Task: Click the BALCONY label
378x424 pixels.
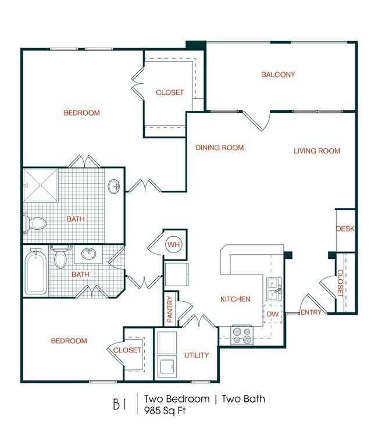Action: pos(278,74)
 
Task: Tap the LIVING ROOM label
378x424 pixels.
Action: pos(316,151)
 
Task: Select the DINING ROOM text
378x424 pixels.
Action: pos(219,148)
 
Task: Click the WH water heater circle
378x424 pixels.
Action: pos(173,244)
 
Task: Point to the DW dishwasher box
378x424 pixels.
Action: pos(273,315)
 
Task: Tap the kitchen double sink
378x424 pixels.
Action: pos(274,289)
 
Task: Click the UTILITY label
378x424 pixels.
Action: pos(197,355)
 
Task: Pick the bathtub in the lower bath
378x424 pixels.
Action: pos(35,272)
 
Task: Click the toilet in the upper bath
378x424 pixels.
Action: pos(36,222)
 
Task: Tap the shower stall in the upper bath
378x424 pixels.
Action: pos(41,184)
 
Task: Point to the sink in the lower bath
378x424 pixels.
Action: pos(89,254)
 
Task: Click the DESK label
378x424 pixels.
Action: pos(345,229)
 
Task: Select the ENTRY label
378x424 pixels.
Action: pos(311,313)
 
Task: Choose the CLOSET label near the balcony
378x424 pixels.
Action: pos(170,92)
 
